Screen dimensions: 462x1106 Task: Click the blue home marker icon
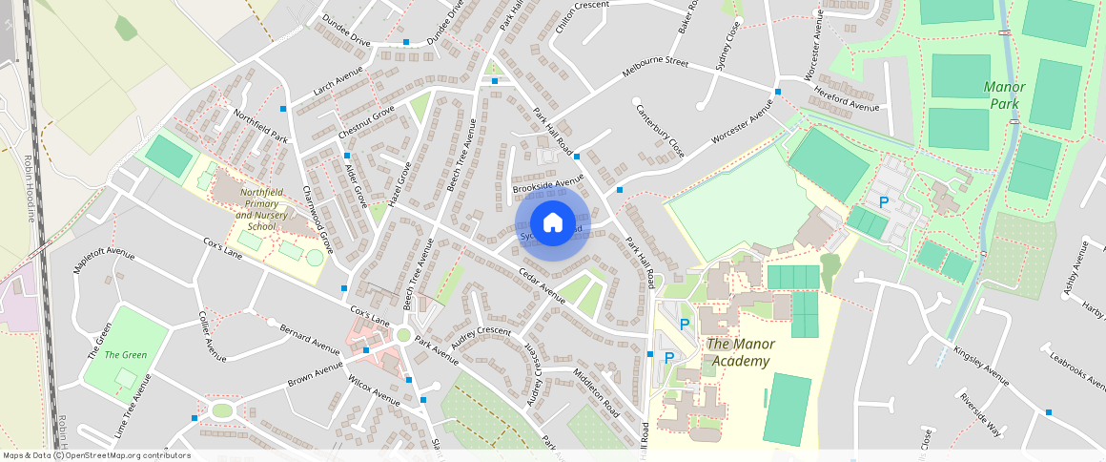coord(552,223)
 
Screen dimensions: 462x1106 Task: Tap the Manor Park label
coord(1004,94)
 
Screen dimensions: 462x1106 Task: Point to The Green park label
coord(126,355)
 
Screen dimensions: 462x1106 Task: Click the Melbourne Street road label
coord(655,67)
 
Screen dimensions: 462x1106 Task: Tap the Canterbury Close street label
coord(660,130)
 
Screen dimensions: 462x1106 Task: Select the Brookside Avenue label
coord(547,182)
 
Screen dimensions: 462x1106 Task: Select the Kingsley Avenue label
coord(980,366)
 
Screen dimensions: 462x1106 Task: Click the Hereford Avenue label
coord(847,99)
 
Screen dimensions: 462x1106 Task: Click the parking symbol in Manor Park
coord(883,202)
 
